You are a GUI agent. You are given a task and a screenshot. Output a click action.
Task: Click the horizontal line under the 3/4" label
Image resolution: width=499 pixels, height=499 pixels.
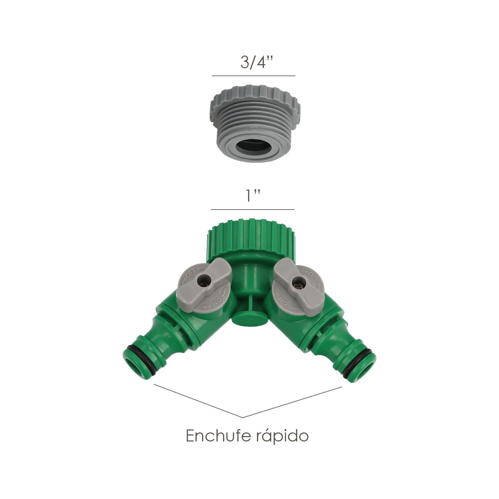(x=253, y=76)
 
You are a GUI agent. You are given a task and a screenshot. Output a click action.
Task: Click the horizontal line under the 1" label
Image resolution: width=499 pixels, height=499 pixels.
(x=252, y=210)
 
